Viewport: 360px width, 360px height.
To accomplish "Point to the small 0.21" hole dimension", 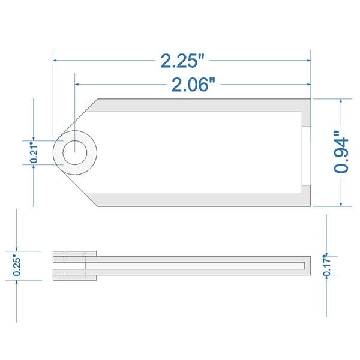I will [34, 152].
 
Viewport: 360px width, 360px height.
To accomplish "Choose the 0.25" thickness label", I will [17, 265].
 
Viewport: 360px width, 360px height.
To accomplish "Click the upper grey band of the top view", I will [198, 104].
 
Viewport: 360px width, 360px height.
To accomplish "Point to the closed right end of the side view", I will [308, 265].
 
